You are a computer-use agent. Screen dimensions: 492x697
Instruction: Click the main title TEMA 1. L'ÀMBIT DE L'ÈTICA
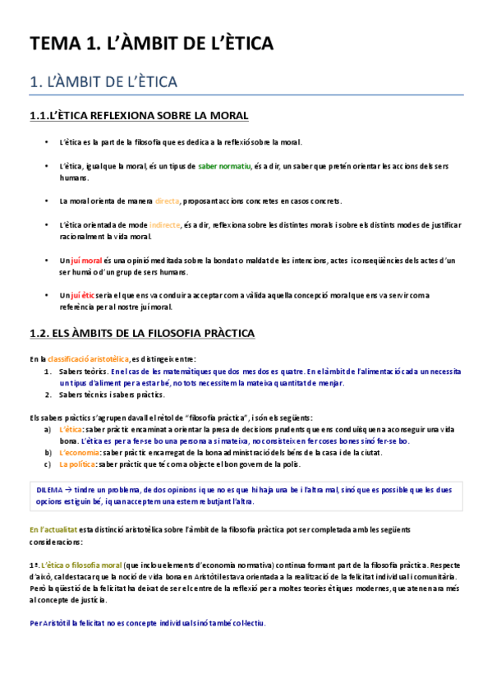152,43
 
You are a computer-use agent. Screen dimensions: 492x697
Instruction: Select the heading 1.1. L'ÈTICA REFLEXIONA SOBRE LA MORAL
139,116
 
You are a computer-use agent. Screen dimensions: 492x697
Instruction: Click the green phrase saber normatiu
223,166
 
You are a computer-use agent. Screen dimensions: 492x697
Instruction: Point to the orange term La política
76,464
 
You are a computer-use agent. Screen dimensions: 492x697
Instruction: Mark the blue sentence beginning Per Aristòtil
147,623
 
